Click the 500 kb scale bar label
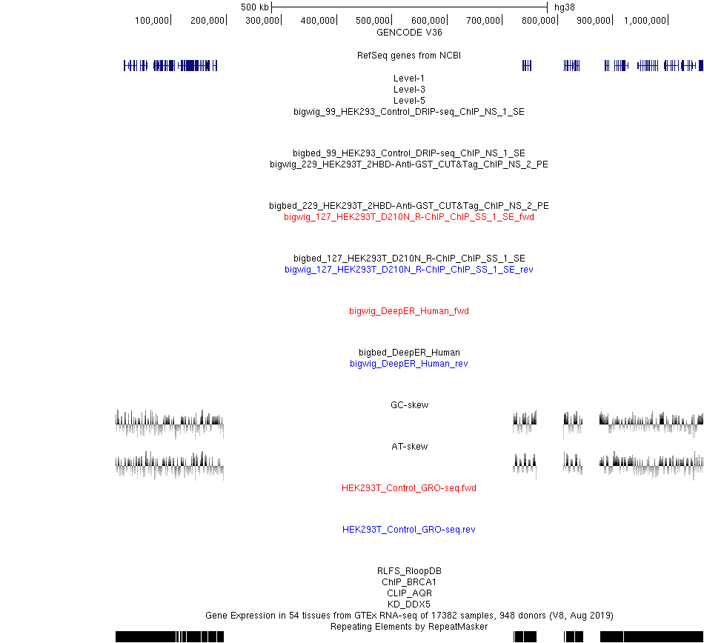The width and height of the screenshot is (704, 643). (255, 7)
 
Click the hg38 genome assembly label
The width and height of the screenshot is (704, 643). (565, 7)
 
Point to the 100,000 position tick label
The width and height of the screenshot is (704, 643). (152, 21)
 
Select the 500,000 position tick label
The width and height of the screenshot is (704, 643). (373, 21)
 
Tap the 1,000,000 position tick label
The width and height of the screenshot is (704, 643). (645, 21)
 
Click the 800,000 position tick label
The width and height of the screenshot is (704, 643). (538, 21)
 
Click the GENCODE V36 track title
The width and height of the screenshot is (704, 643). (409, 33)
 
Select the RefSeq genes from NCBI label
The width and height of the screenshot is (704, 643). (409, 56)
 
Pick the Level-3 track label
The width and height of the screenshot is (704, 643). (409, 90)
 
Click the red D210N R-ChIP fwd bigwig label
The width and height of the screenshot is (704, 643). (409, 217)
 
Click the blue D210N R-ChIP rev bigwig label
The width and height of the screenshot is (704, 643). (409, 269)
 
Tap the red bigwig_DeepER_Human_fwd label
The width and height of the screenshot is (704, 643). (409, 311)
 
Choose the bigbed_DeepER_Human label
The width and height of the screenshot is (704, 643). (409, 352)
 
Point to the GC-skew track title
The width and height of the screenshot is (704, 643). (410, 404)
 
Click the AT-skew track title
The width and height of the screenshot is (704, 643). (410, 447)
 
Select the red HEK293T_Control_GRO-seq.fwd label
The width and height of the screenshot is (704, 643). (409, 487)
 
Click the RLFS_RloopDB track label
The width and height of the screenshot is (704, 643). (409, 570)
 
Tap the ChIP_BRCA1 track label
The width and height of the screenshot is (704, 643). (409, 582)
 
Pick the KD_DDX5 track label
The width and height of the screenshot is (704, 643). (409, 604)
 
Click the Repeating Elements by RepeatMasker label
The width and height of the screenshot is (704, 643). (409, 627)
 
